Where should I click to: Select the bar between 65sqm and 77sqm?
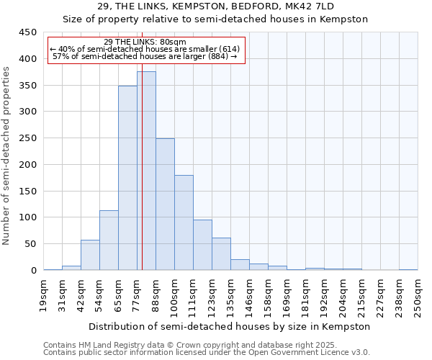coord(127,178)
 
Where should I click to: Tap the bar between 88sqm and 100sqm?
coord(165,204)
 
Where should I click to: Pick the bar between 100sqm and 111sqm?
coord(184,222)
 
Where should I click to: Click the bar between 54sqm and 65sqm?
coord(109,240)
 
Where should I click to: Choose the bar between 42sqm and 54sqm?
coord(90,255)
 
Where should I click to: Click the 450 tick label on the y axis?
coord(27,32)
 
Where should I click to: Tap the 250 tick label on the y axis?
coord(27,138)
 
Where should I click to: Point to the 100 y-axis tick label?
coord(27,217)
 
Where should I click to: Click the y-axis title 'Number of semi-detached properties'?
coord(7,155)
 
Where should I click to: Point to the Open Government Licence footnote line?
coord(207,352)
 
